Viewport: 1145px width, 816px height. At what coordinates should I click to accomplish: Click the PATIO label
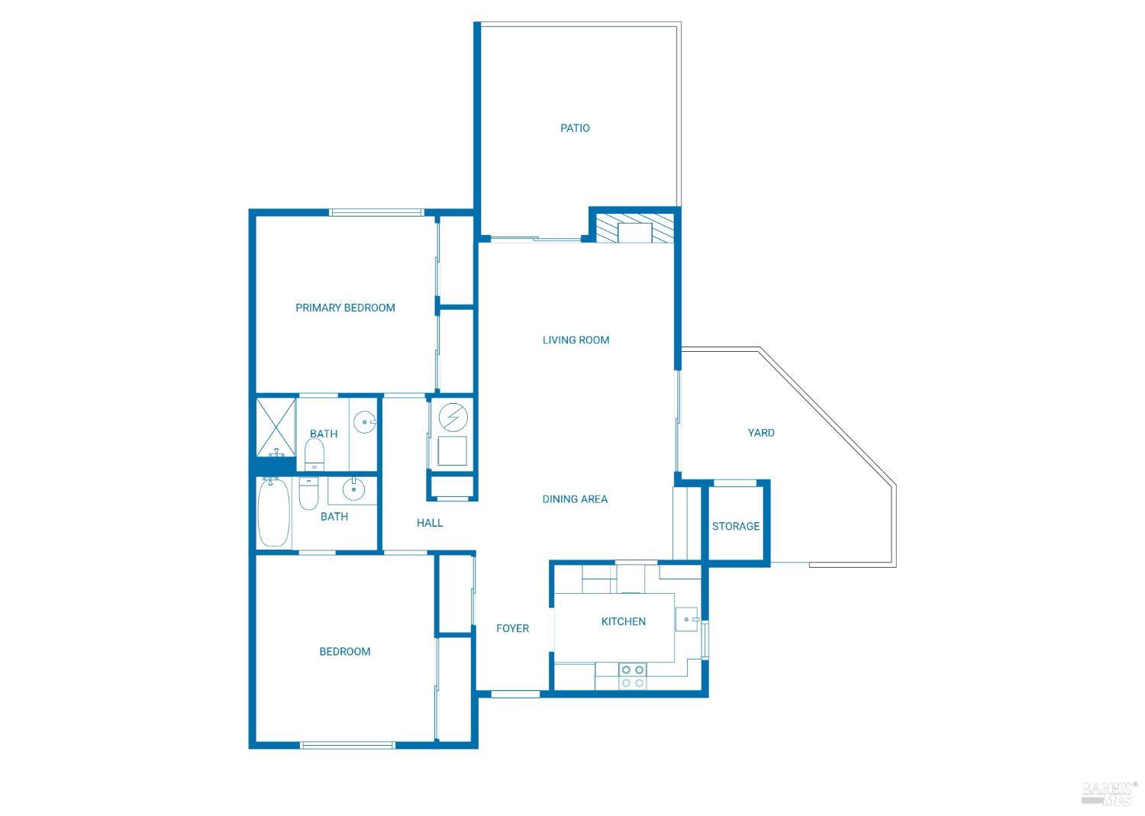point(575,128)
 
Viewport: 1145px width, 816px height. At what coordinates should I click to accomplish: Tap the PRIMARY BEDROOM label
point(345,308)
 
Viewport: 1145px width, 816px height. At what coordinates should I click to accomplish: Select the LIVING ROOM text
point(576,340)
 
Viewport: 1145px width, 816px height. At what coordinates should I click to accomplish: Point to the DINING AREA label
point(575,499)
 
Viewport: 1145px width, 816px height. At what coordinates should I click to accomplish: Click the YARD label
point(761,433)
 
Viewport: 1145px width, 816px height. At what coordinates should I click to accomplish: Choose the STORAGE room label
point(736,526)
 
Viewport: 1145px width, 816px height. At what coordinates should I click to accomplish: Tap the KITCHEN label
point(624,621)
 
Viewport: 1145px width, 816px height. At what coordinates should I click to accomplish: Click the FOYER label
point(512,628)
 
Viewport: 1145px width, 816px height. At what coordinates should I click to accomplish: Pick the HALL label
point(430,523)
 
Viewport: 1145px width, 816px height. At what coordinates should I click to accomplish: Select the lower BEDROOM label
point(345,651)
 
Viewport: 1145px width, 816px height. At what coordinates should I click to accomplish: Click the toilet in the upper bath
point(314,456)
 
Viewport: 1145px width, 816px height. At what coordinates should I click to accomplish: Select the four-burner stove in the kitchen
point(632,676)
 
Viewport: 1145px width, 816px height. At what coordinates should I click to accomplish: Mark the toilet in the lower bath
point(308,494)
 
